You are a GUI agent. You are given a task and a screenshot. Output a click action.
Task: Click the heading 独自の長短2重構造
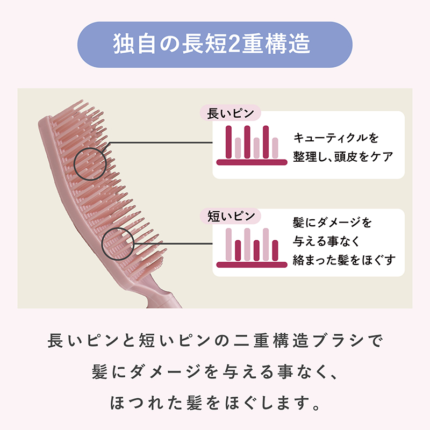click(215, 45)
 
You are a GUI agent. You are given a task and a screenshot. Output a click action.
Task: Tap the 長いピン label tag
click(230, 114)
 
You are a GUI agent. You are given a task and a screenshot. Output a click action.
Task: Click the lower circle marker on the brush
click(118, 242)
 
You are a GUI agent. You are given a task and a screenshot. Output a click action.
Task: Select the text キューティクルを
click(336, 138)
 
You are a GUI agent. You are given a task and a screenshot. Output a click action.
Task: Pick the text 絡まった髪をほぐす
click(344, 260)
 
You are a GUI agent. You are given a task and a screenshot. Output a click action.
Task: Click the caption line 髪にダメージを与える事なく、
click(215, 371)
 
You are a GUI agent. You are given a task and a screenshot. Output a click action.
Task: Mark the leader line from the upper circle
click(161, 143)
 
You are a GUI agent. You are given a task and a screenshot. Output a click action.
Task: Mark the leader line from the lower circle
click(172, 241)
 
